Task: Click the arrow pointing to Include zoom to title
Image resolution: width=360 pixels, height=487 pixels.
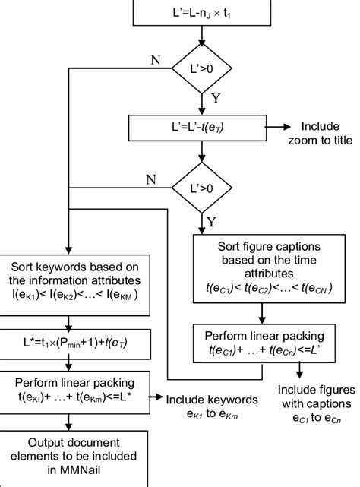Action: click(x=283, y=128)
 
